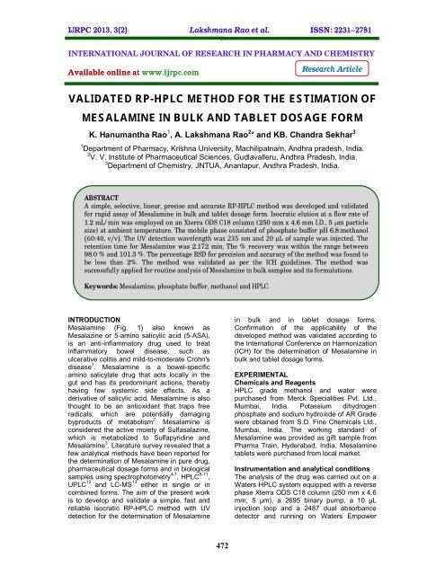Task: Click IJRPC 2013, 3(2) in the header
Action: click(x=56, y=12)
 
